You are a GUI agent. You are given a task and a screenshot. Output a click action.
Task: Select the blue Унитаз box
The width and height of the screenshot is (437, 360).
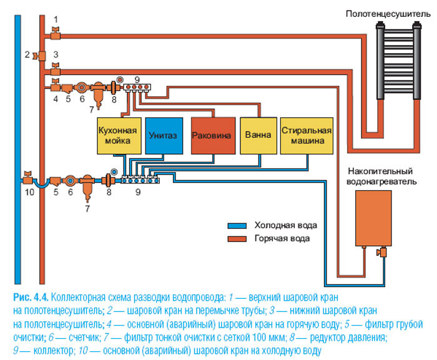coord(164,135)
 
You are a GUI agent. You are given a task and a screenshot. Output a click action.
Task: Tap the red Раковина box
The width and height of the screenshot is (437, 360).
coord(212,135)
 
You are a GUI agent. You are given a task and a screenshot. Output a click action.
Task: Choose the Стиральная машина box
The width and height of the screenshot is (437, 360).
coord(305,135)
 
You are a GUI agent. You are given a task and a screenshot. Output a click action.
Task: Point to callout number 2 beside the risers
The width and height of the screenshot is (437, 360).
coord(27,55)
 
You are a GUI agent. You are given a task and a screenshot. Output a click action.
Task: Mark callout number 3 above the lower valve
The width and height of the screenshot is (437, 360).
coord(56,54)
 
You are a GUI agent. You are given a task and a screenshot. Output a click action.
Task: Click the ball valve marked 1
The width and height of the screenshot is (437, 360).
coord(56,30)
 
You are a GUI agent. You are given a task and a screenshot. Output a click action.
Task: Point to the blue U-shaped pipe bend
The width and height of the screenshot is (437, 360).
coord(42,184)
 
